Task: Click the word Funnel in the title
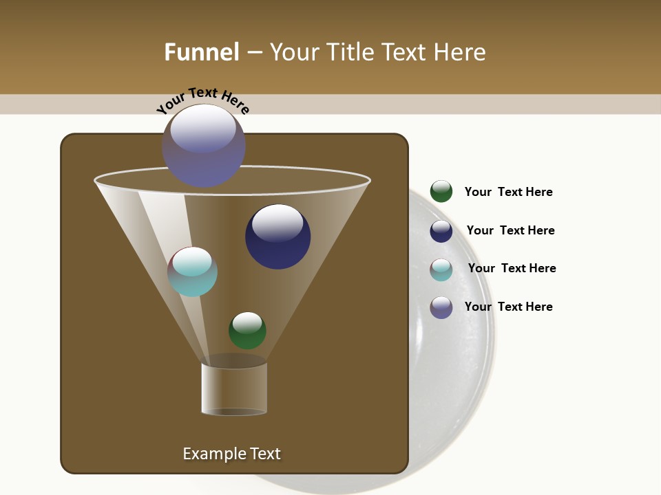tap(201, 52)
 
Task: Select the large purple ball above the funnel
tap(204, 146)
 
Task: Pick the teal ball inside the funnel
tap(193, 272)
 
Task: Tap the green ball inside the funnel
tap(247, 331)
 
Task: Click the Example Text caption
tap(231, 454)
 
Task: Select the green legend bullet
tap(441, 191)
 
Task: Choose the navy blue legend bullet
tap(441, 231)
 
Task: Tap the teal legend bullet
tap(441, 269)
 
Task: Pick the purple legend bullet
tap(441, 307)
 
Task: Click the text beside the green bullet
tap(508, 192)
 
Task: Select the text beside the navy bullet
tap(510, 230)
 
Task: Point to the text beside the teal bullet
tap(512, 268)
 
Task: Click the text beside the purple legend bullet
tap(508, 307)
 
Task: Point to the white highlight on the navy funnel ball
tap(277, 223)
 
